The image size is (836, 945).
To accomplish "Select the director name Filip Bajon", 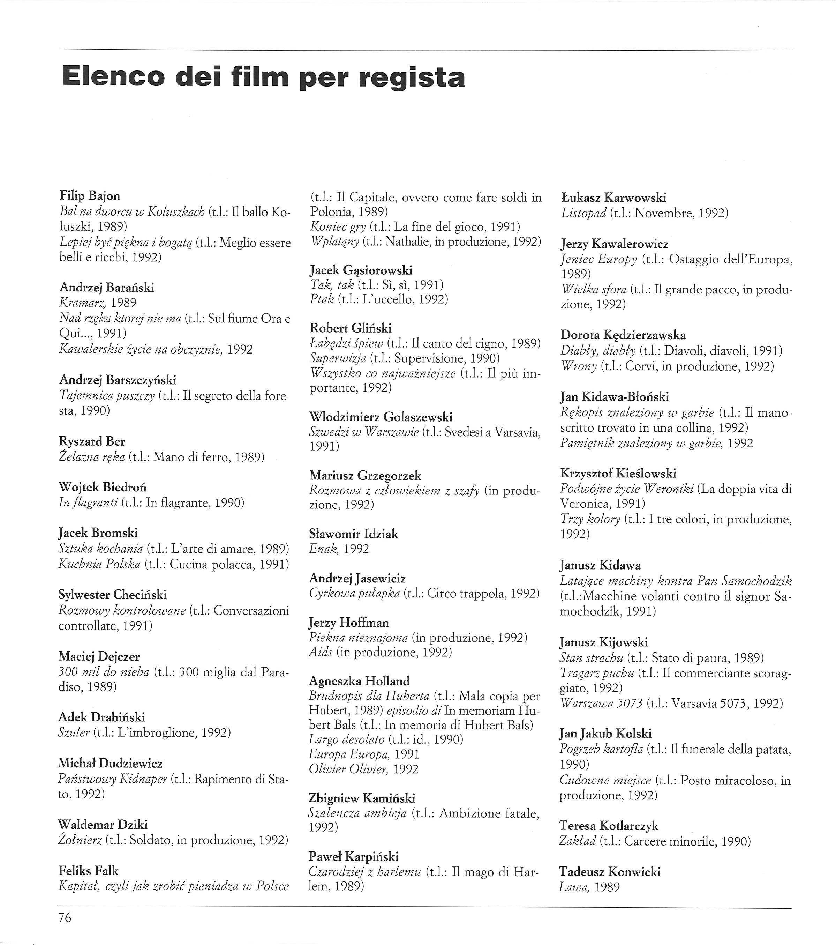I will point(90,196).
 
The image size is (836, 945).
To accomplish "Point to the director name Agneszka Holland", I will point(359,681).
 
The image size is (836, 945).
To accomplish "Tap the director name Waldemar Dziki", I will point(103,824).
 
